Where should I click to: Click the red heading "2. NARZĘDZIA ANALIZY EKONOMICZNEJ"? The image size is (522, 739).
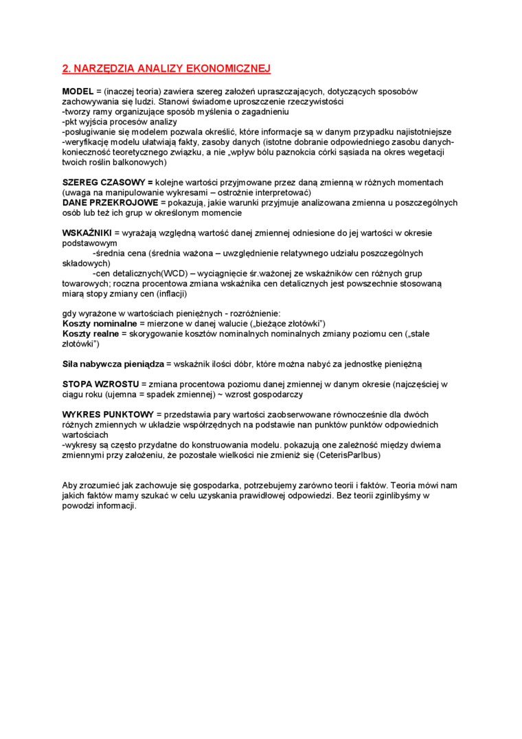point(167,68)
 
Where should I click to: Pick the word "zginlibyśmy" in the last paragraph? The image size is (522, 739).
point(398,496)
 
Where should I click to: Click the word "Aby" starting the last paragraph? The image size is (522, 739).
point(70,485)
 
